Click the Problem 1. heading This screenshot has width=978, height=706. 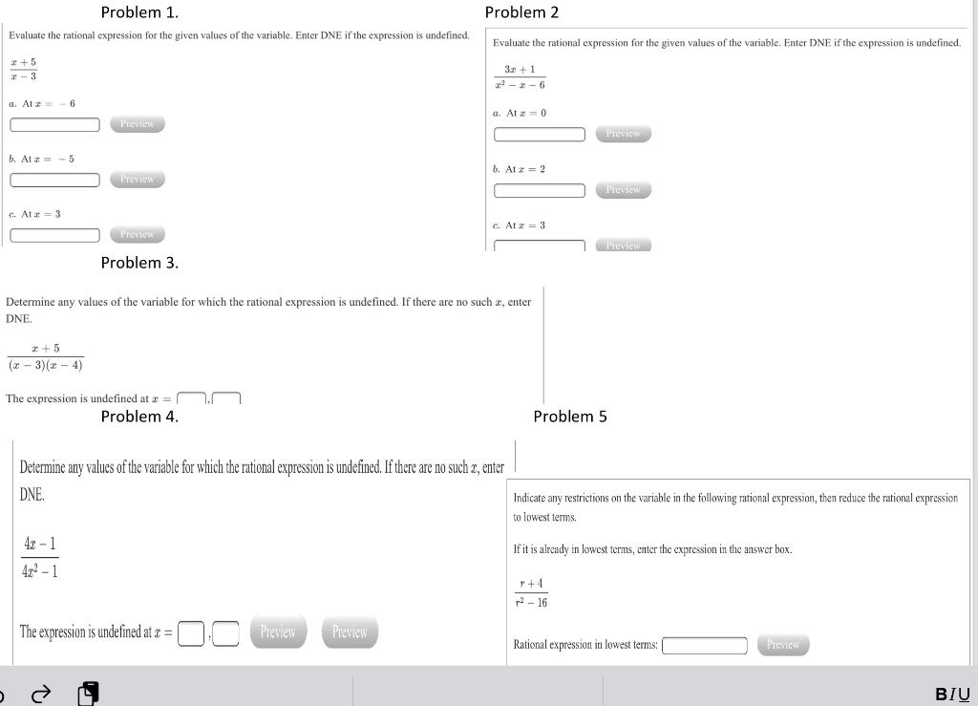point(139,12)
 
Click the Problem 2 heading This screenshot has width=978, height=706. point(521,12)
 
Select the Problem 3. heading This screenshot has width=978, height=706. point(139,263)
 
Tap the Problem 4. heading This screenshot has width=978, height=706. point(139,417)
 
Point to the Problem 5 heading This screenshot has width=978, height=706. point(570,417)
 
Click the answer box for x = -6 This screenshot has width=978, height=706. point(55,124)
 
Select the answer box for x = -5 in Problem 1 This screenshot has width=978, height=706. point(55,180)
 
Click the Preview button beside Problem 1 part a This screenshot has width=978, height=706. point(138,124)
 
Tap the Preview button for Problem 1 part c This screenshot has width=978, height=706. point(138,234)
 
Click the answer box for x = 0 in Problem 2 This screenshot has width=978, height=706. point(540,135)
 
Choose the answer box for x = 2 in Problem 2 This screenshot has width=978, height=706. point(540,190)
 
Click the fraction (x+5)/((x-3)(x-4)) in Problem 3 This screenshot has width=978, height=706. point(45,356)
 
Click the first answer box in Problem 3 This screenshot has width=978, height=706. point(192,399)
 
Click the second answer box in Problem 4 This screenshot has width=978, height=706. point(225,633)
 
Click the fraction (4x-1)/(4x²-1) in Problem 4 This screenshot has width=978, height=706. point(40,557)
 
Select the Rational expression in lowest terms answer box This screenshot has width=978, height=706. point(705,646)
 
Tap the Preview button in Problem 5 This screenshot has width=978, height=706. point(783,645)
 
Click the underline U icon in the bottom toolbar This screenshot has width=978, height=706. point(965,695)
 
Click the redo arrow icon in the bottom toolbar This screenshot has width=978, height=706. point(40,695)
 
